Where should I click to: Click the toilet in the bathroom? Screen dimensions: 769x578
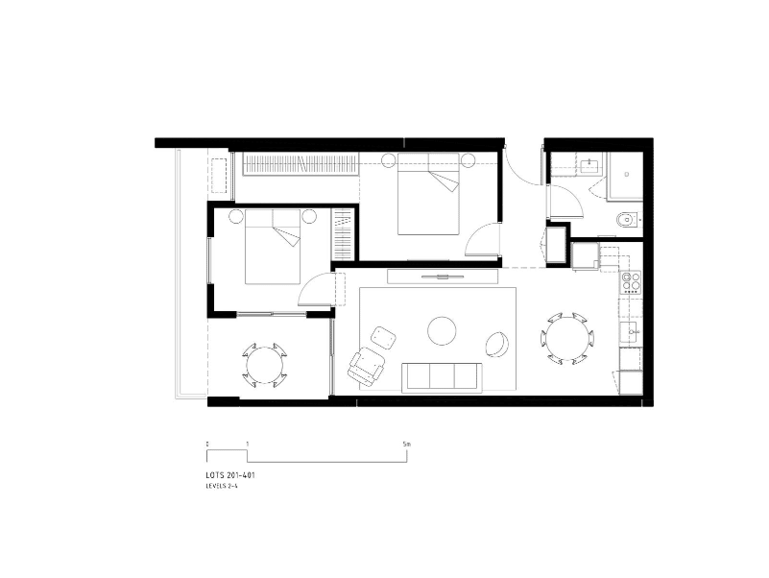pos(627,220)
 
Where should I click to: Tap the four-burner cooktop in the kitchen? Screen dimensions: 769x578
pos(631,282)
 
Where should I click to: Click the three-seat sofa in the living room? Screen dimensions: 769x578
pos(442,377)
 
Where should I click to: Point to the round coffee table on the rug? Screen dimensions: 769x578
pos(442,330)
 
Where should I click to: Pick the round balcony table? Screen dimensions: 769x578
pos(265,366)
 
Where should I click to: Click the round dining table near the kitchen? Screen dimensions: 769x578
pos(567,338)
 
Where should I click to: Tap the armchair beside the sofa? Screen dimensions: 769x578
pos(367,365)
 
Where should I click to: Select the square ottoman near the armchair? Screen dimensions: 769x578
pos(383,338)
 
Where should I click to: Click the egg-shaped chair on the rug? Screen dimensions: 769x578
pos(498,344)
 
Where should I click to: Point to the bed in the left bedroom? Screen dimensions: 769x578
pos(273,247)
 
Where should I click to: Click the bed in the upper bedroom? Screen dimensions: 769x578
pos(428,194)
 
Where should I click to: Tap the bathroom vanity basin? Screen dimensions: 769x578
pos(588,166)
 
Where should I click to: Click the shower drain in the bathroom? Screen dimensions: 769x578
pos(626,174)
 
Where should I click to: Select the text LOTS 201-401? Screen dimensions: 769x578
pos(230,475)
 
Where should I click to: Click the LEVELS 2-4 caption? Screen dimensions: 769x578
pos(224,486)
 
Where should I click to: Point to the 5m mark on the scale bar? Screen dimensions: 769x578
pos(406,445)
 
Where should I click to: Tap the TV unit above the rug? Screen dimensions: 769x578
pos(443,277)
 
